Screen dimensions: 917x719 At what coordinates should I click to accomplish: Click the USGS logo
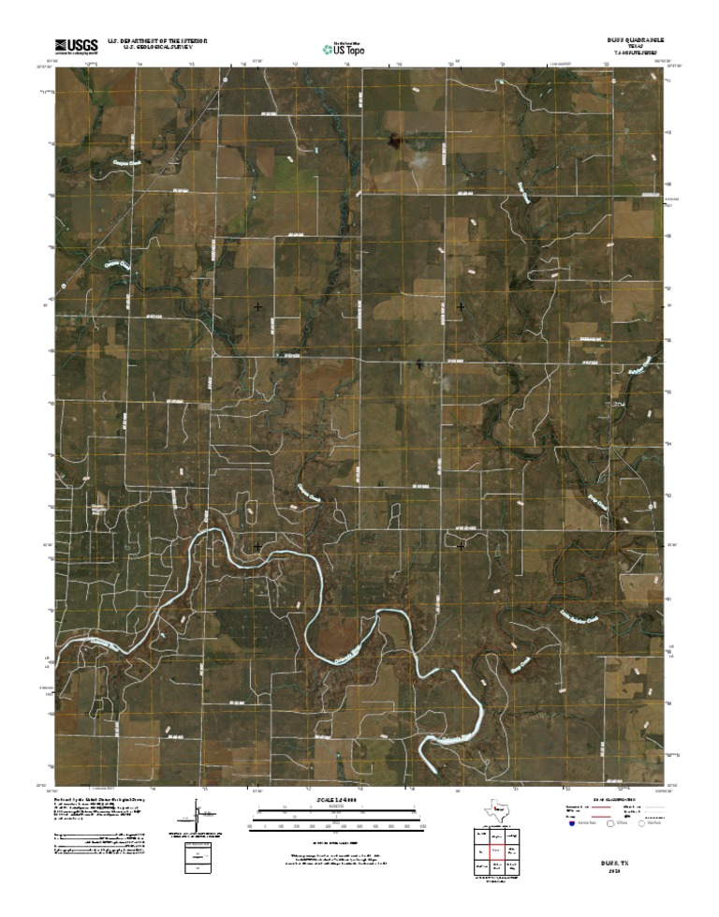coord(76,45)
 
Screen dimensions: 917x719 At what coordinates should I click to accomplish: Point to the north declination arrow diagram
coord(198,814)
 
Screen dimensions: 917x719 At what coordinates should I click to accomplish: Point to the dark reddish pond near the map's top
coord(396,140)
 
